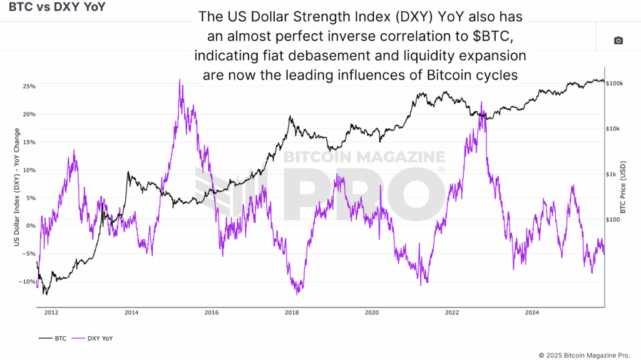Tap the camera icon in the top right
[618, 41]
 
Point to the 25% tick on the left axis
[29, 86]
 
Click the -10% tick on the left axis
[28, 282]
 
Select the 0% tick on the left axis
[31, 226]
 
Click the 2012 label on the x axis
[51, 312]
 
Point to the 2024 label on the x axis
[532, 312]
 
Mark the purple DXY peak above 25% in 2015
[180, 80]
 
